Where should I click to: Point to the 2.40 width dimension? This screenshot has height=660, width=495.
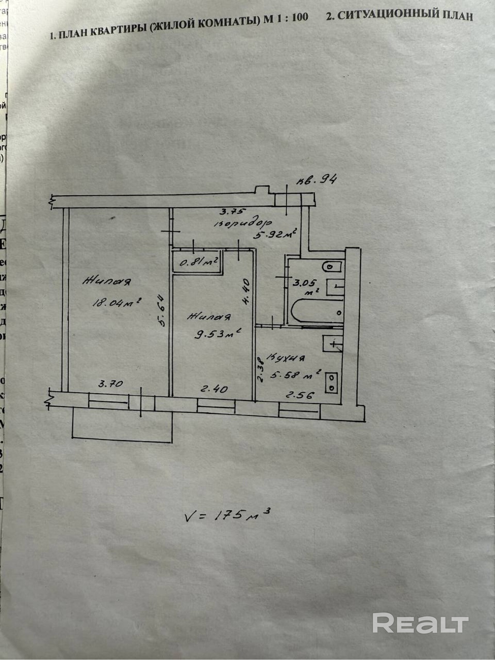point(214,389)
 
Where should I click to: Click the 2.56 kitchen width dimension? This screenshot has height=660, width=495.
point(300,395)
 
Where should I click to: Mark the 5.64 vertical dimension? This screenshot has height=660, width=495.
point(162,310)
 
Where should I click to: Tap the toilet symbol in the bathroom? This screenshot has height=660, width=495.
point(332,266)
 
